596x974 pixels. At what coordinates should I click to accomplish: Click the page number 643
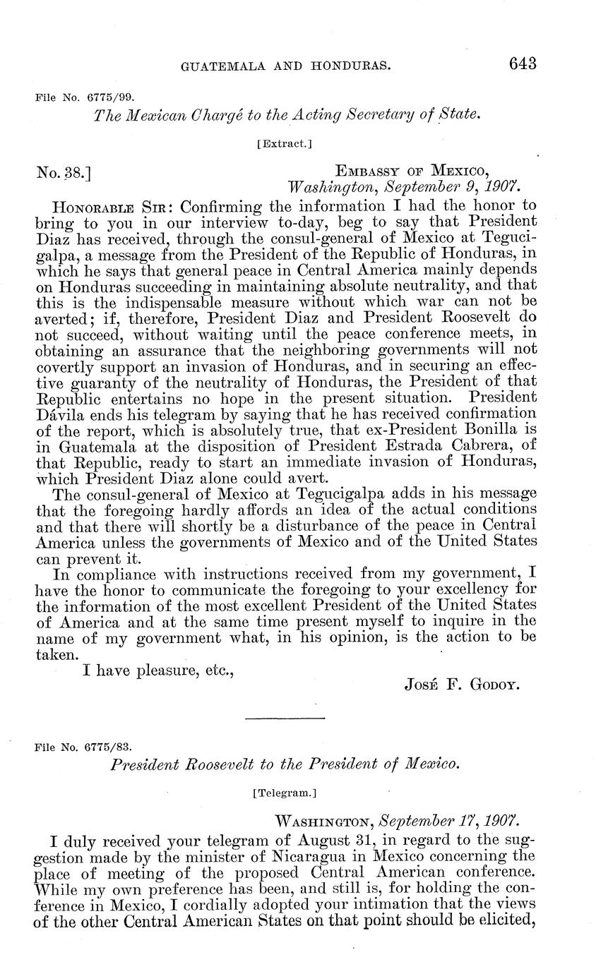click(x=522, y=64)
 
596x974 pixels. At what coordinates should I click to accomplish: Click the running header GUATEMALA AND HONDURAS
click(x=286, y=66)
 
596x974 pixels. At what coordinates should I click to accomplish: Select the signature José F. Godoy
click(x=463, y=684)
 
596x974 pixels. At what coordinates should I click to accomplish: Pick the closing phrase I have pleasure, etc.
click(x=158, y=669)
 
